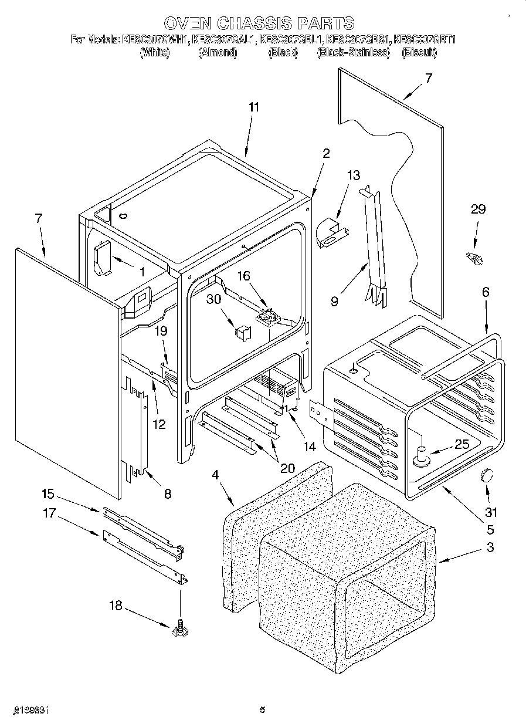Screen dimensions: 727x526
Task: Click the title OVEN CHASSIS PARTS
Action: (259, 23)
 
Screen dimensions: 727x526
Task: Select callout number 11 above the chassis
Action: (253, 107)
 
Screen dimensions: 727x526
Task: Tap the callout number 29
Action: (479, 209)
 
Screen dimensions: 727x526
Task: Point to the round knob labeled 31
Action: (487, 476)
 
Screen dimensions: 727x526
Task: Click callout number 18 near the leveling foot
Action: (116, 606)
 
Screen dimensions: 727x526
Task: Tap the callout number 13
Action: (354, 175)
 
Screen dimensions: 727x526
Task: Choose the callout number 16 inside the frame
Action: (243, 276)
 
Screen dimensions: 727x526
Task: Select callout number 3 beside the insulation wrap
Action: (490, 548)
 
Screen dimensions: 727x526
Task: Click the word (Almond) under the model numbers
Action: (218, 53)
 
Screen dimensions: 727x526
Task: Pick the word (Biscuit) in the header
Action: (419, 53)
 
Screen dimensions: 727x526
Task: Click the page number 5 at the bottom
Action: (263, 710)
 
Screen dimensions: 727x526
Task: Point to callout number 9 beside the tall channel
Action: (334, 302)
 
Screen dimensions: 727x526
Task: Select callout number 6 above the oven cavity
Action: (485, 292)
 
